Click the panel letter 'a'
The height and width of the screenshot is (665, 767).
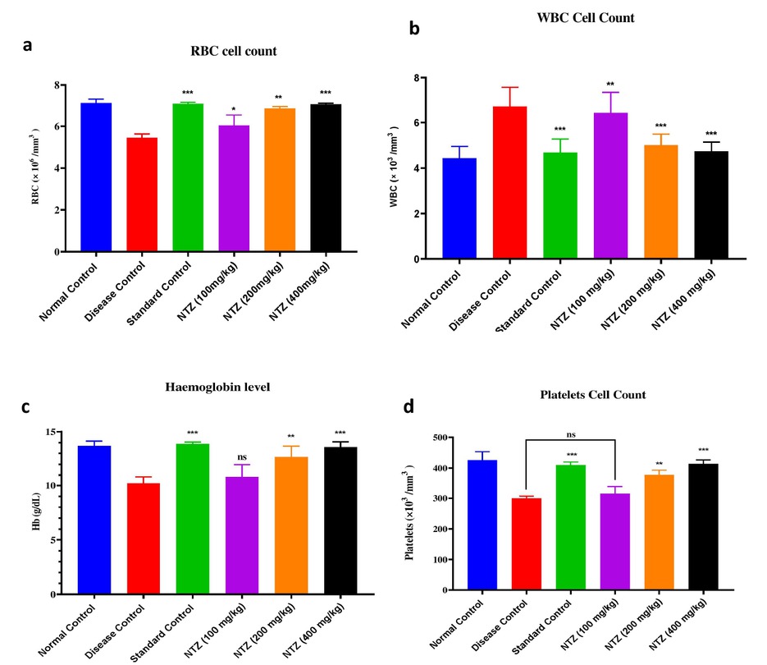27,46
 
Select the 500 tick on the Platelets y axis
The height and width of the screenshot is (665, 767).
452,438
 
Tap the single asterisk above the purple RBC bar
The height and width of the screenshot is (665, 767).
234,109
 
